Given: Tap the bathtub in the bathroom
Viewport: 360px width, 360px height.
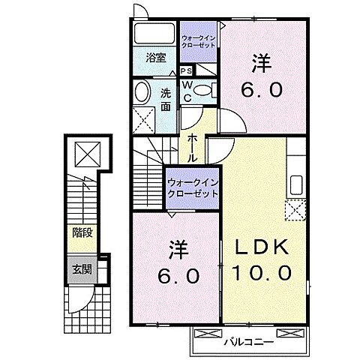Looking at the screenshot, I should pos(154,34).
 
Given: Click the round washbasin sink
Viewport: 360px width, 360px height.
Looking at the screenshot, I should pos(143,94).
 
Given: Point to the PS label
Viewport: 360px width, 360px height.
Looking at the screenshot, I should pos(185,70).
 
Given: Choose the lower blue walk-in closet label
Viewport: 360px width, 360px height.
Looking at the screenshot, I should pos(192,187).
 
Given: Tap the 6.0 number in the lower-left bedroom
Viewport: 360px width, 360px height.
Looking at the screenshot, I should pos(178,275).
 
